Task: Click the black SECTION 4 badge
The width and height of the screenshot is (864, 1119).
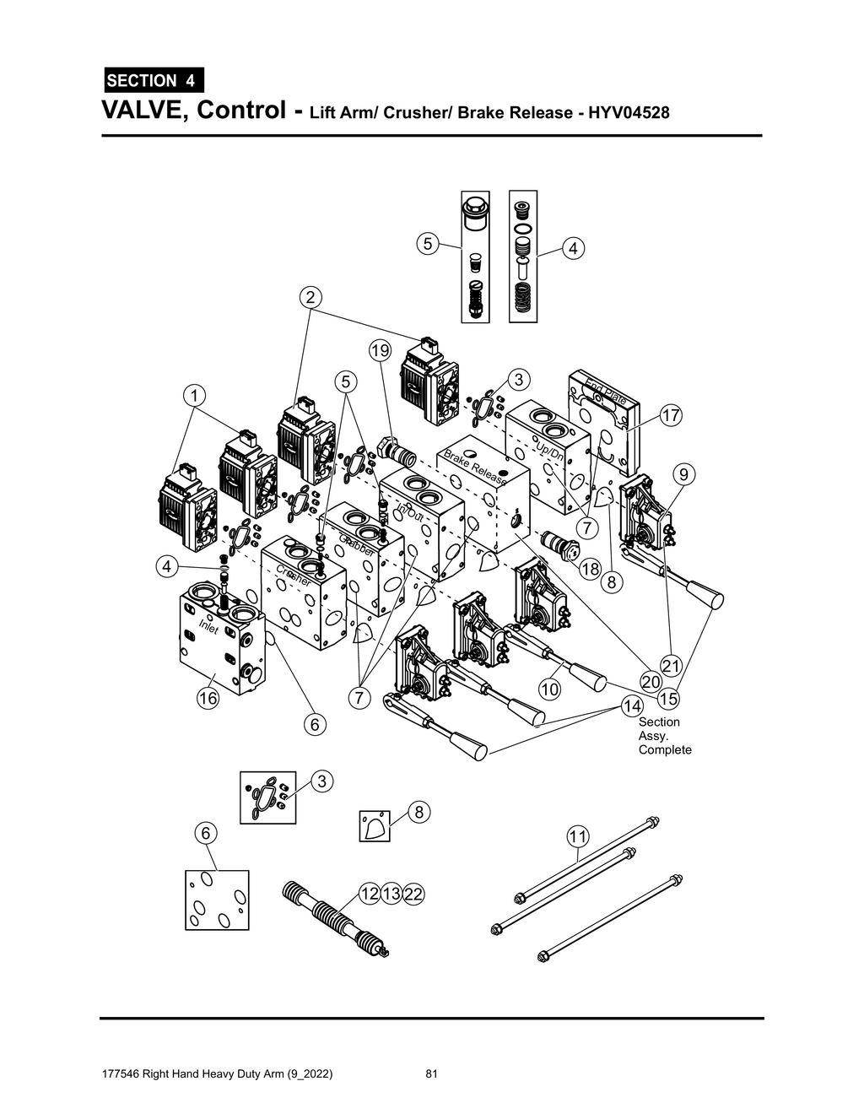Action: tap(153, 80)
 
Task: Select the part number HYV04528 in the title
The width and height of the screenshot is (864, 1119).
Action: tap(624, 112)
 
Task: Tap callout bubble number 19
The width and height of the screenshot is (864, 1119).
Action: tap(381, 350)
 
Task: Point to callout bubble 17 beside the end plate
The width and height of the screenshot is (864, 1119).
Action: tap(670, 415)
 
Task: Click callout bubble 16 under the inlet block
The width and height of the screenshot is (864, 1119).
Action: tap(208, 698)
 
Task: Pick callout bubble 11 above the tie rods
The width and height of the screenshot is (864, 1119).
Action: tap(577, 837)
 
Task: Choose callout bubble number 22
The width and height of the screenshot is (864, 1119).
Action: tap(413, 894)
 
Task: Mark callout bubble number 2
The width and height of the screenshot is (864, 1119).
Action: tap(310, 297)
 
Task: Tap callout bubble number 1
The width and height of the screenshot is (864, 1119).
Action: tap(194, 395)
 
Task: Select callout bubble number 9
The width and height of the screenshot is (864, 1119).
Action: tap(683, 475)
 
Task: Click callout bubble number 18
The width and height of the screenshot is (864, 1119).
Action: tap(590, 570)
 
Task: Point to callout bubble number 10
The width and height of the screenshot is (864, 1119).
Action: tap(549, 689)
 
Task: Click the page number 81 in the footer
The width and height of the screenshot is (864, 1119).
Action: tap(431, 1074)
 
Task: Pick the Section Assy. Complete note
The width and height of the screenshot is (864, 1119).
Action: tap(664, 736)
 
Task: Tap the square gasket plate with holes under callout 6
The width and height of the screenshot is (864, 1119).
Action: tap(217, 900)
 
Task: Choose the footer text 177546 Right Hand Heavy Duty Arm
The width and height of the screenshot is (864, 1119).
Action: tap(216, 1074)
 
